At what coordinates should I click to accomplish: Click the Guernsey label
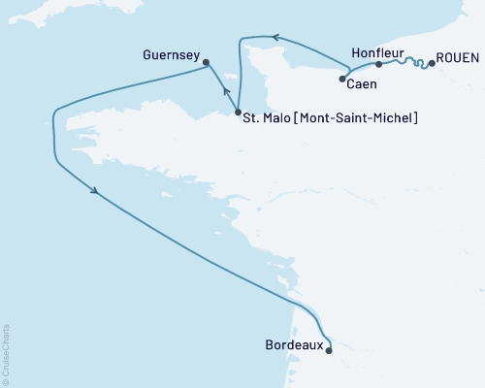171,56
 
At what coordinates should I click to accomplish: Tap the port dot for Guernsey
206,63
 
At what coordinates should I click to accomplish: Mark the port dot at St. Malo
238,113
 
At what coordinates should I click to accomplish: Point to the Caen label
362,85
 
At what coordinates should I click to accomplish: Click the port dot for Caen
342,79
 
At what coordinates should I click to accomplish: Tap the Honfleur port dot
378,64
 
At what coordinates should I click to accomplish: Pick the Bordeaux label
292,345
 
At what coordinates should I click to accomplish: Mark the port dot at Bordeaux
329,351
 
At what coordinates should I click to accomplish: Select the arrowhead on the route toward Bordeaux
94,190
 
